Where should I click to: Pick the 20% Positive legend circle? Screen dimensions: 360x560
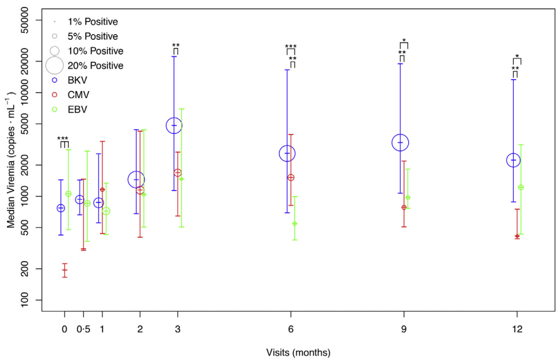(54, 65)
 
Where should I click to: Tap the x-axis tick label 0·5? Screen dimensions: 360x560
(83, 329)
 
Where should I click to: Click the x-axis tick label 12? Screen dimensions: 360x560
(517, 329)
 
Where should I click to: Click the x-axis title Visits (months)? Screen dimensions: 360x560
(298, 352)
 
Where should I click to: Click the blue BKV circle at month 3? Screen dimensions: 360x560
(174, 125)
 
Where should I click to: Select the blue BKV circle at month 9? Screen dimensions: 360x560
(400, 142)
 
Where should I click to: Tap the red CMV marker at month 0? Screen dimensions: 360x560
(65, 270)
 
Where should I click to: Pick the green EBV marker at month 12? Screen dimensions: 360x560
(521, 187)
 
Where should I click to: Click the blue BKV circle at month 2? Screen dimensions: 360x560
(136, 179)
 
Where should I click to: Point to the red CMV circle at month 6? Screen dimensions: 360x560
(291, 177)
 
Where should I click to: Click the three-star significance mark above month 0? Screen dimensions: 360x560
(62, 139)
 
